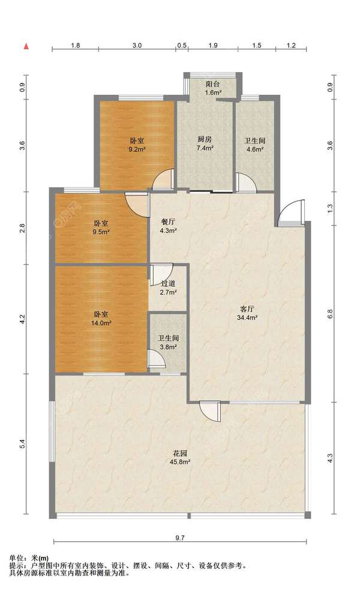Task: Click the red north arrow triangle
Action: tap(26, 46)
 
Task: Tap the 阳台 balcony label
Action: tap(213, 84)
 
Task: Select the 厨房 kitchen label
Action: tap(205, 139)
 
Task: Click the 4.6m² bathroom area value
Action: tap(255, 149)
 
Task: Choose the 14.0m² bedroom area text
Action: tap(101, 323)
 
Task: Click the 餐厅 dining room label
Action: tap(168, 222)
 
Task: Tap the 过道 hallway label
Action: tap(168, 283)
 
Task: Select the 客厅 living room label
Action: tap(247, 309)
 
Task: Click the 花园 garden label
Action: tap(180, 453)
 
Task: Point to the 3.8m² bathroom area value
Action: tap(168, 347)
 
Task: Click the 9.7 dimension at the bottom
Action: tap(180, 538)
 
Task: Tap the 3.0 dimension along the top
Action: tap(137, 46)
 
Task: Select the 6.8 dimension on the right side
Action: tap(330, 314)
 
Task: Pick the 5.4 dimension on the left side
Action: tap(22, 443)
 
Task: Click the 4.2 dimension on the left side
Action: tap(22, 319)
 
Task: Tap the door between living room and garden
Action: tap(210, 411)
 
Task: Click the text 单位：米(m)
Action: tap(29, 558)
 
